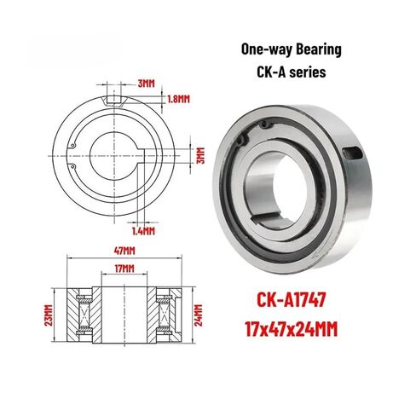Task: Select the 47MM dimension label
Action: point(125,251)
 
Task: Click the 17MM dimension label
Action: point(125,269)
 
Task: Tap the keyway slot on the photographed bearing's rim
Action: point(353,156)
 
